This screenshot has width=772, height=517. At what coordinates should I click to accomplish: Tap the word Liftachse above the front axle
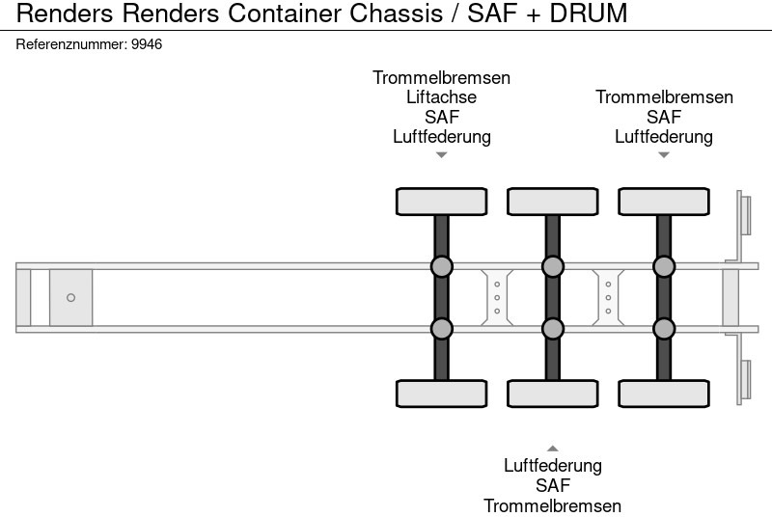(x=442, y=97)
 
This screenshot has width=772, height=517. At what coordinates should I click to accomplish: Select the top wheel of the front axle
(x=441, y=202)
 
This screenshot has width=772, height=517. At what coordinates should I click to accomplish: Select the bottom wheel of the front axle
(x=441, y=394)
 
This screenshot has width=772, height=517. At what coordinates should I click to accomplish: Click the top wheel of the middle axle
(x=552, y=202)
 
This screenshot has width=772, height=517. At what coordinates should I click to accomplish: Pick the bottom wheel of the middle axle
(x=552, y=394)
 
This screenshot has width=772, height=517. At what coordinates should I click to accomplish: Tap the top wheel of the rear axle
(x=663, y=202)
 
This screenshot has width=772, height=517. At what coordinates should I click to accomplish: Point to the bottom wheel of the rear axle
(x=663, y=394)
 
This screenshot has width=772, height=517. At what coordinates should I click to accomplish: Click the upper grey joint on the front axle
(x=441, y=266)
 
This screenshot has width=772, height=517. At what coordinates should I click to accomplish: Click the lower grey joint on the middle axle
(x=552, y=329)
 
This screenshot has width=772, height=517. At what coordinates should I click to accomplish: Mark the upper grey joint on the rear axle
(x=663, y=266)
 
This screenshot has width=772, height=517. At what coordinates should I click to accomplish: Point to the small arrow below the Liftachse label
(x=441, y=155)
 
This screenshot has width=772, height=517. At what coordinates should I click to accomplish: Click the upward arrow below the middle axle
(x=552, y=448)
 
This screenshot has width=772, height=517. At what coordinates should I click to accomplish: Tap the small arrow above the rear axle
(x=663, y=155)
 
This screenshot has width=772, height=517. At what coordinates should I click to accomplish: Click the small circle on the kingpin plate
(x=70, y=297)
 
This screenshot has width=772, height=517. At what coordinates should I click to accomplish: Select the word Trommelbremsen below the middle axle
(x=552, y=505)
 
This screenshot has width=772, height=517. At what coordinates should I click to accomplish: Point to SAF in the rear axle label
(x=664, y=117)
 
